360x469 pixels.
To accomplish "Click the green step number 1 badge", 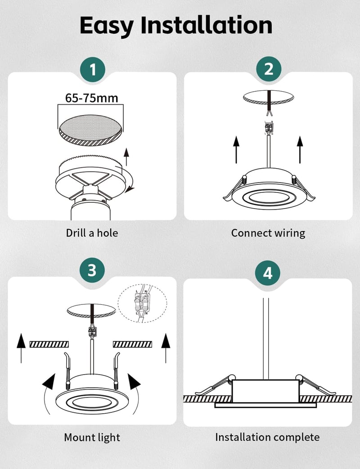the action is tap(93, 70).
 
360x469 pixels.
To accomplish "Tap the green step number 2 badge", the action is tap(269, 69).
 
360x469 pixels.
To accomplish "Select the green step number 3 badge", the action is tap(92, 270).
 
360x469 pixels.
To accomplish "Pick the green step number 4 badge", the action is tap(268, 273).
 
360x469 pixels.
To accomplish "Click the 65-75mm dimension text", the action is tap(91, 98).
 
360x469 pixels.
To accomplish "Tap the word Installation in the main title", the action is tap(207, 25).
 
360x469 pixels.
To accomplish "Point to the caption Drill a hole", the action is tap(92, 233).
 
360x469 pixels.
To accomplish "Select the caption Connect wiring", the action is tap(268, 233).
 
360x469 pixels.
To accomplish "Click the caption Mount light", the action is tap(92, 437).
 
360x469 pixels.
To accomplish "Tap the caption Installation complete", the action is tap(267, 437).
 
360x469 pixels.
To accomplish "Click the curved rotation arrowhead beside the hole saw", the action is tap(130, 189).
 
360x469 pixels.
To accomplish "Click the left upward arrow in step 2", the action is tap(236, 150).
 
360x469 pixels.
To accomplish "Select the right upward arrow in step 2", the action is tap(300, 150).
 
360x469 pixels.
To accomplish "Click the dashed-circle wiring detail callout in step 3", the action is tap(143, 303).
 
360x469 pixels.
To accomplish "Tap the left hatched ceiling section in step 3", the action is tap(49, 344).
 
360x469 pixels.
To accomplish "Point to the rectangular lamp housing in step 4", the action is tap(265, 391).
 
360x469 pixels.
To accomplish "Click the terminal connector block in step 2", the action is tap(269, 128).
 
